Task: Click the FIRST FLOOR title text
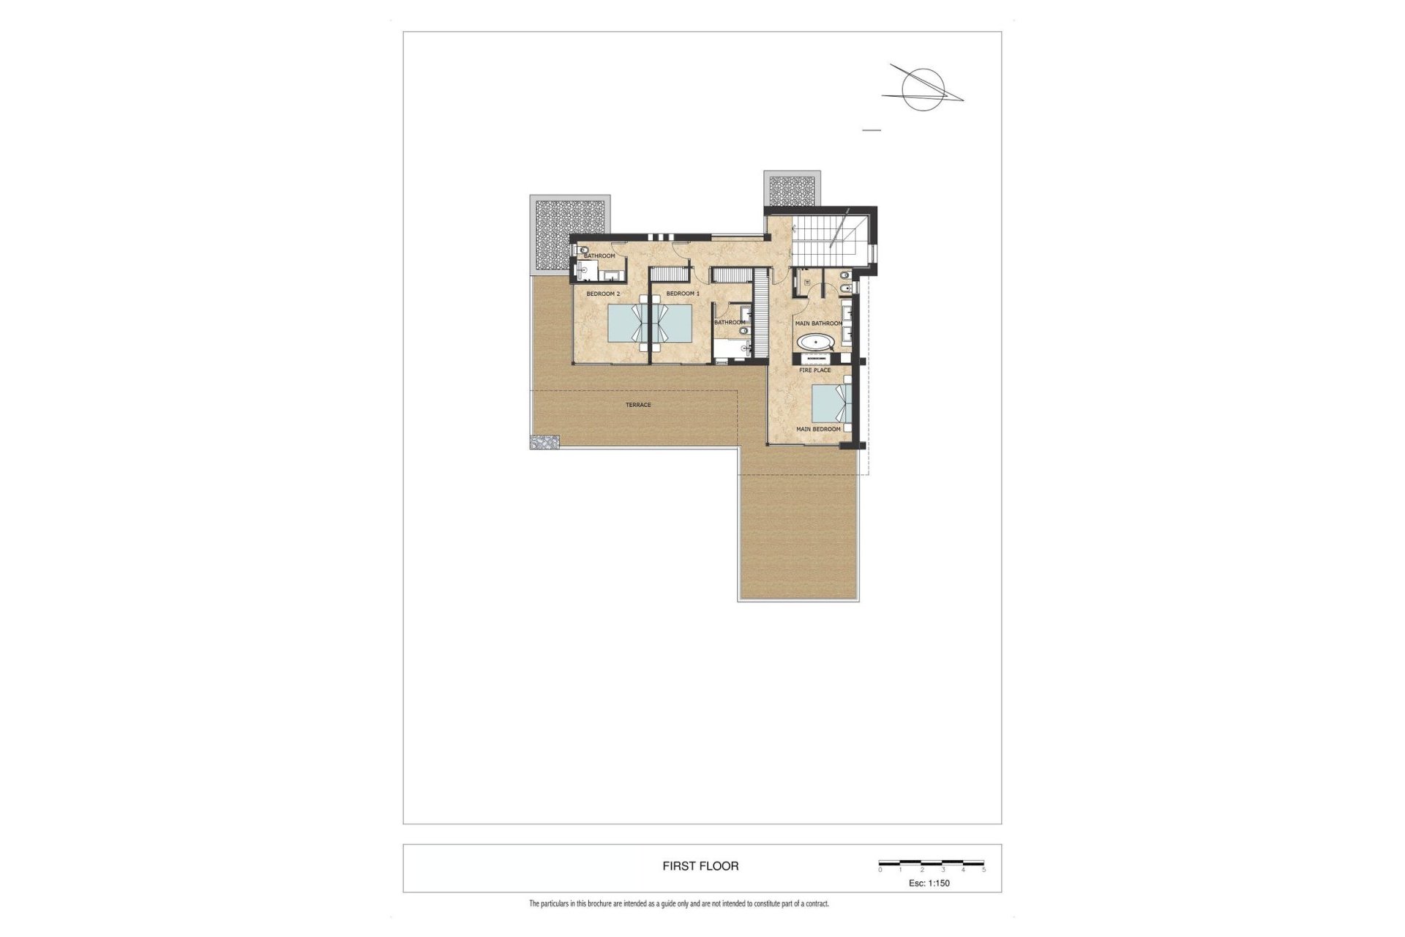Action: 700,866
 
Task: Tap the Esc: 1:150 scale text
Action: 929,883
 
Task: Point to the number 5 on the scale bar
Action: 983,870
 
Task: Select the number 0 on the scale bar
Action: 880,870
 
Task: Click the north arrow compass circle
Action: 923,89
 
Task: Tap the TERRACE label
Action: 638,405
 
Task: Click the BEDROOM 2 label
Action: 603,294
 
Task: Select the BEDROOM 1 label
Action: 683,294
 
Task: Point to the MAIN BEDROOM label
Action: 818,429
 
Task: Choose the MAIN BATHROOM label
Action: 818,324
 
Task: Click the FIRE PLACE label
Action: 814,370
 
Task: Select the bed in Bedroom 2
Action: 628,323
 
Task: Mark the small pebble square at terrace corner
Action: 544,442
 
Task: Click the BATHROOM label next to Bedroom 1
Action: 730,322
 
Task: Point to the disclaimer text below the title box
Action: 678,904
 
